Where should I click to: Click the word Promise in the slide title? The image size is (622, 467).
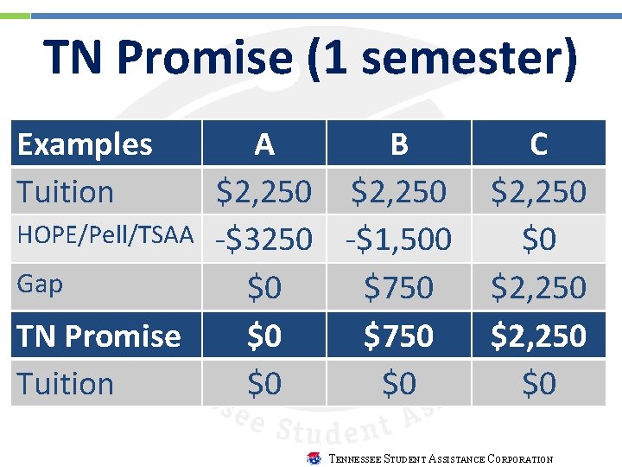[198, 59]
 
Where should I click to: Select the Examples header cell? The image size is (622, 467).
[85, 144]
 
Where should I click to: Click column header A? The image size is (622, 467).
[264, 144]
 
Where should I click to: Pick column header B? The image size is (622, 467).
[398, 144]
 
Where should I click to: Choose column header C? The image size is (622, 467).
[538, 144]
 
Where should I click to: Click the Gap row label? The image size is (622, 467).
[39, 285]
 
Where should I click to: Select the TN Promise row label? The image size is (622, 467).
[98, 336]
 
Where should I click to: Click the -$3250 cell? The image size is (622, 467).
[264, 240]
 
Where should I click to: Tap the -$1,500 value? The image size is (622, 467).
[398, 240]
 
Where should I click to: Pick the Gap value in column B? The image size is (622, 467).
[398, 287]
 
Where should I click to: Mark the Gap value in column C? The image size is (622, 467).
[538, 287]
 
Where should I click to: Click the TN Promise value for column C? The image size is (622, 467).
[538, 336]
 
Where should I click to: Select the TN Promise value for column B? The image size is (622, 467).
[398, 336]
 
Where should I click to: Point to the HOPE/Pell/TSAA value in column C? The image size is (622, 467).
[538, 240]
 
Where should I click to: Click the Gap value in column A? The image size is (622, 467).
[264, 287]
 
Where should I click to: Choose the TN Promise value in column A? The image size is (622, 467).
[264, 336]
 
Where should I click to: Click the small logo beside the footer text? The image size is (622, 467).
[314, 458]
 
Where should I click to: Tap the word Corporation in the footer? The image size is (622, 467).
[522, 459]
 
